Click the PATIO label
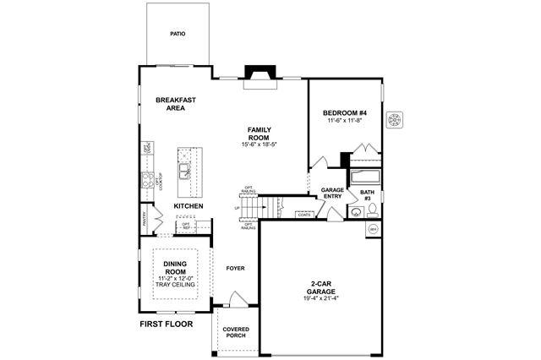[178, 35]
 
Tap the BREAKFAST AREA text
[176, 104]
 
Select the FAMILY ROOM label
[258, 134]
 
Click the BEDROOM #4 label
[344, 113]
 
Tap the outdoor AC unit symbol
[395, 120]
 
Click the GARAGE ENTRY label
[332, 194]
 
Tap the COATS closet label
[303, 215]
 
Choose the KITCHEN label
[188, 206]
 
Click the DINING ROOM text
[175, 268]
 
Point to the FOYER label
[235, 268]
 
